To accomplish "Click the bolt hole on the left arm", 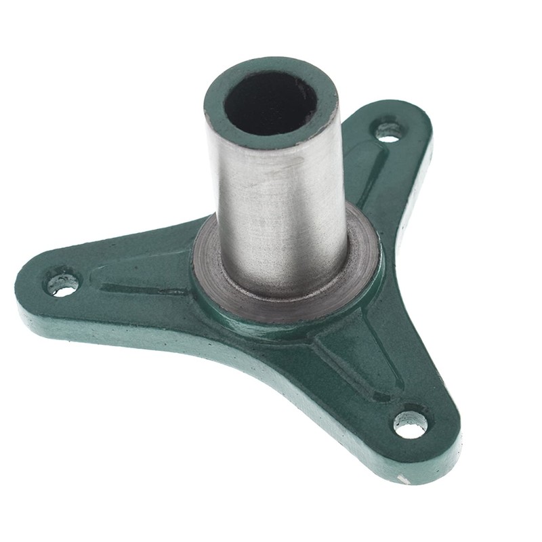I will [x=62, y=283].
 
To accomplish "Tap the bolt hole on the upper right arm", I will [x=388, y=131].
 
